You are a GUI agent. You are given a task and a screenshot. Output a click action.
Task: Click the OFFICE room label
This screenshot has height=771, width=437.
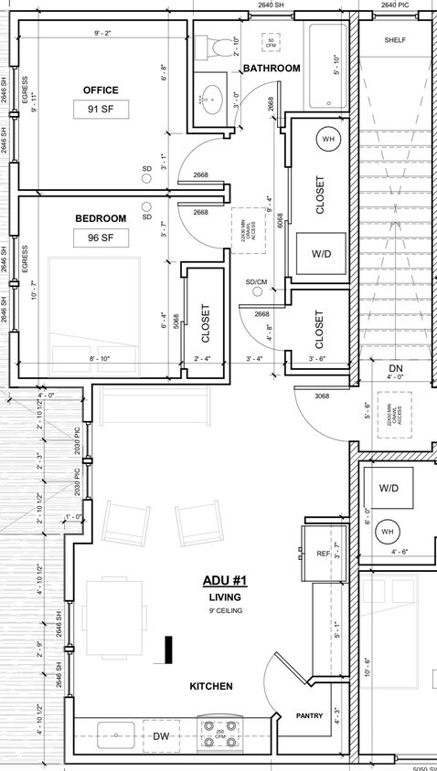pos(101,90)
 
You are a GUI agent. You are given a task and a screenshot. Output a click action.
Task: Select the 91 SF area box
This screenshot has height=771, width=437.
pos(101,111)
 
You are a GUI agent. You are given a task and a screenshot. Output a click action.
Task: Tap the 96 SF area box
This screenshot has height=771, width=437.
pos(101,238)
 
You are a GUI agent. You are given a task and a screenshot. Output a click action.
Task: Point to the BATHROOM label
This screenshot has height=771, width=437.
pos(272,69)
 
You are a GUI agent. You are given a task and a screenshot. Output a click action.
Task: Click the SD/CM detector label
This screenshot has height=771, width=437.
pos(257,281)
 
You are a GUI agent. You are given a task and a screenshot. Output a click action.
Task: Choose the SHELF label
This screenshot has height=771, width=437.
pos(395,40)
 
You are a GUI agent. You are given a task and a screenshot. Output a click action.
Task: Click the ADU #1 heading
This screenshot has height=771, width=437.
pos(224,581)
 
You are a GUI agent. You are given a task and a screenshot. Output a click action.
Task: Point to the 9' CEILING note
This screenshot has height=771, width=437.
pos(224,610)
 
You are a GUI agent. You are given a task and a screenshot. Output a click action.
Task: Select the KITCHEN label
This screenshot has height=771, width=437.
pos(210,686)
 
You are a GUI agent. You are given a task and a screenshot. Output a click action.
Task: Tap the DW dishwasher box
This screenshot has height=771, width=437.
pos(161,735)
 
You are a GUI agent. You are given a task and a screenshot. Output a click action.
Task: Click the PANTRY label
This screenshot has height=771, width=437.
pos(309,715)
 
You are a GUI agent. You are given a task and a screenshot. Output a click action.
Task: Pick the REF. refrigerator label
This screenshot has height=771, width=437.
pos(323,554)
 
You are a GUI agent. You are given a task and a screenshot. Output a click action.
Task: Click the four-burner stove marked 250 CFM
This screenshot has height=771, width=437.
pos(219,734)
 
